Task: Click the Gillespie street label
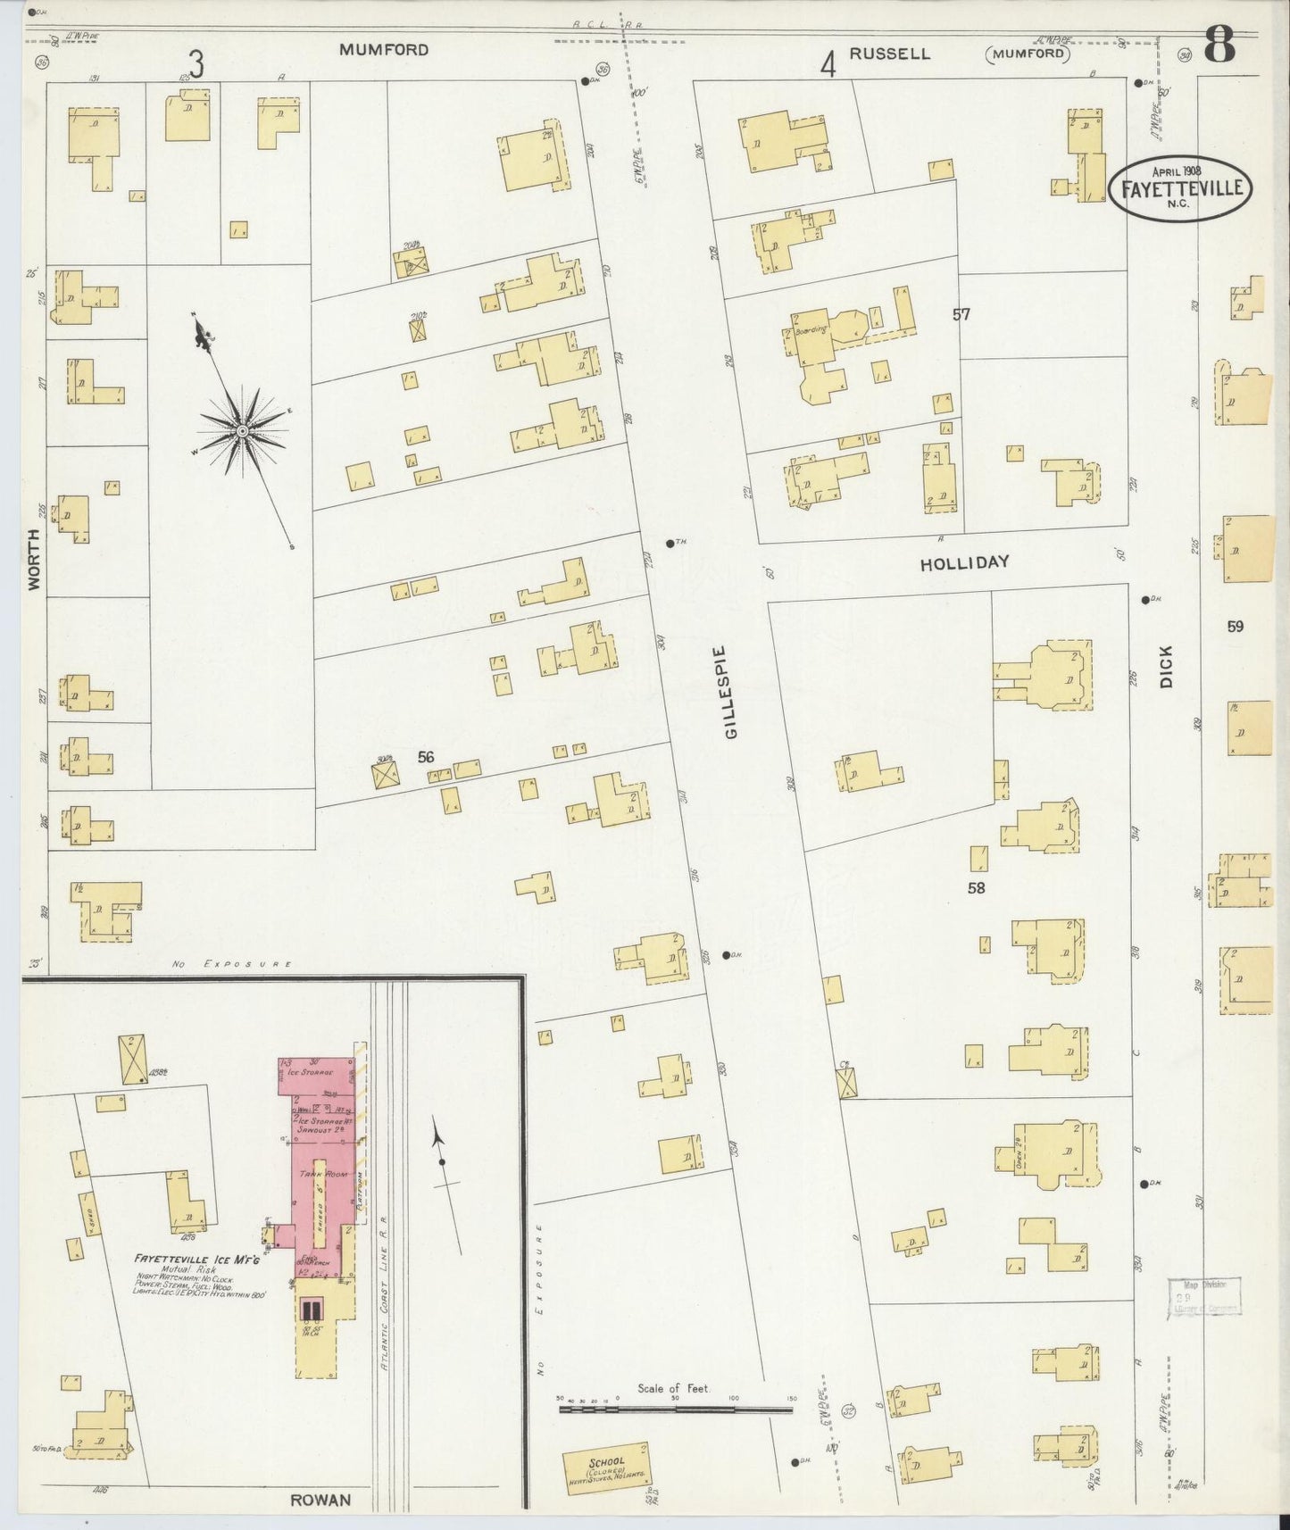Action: coord(731,691)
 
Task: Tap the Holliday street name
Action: coord(964,562)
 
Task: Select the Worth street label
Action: coord(34,558)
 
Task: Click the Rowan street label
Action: coord(320,1500)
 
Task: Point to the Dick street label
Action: coord(1166,666)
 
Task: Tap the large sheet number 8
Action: coord(1219,45)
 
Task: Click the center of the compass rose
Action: coord(242,432)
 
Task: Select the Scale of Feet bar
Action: coord(675,1409)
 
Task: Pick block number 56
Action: coord(426,757)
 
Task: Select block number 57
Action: coord(961,314)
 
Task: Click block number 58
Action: coord(977,887)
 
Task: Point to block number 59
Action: coord(1235,626)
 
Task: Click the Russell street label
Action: coord(888,54)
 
